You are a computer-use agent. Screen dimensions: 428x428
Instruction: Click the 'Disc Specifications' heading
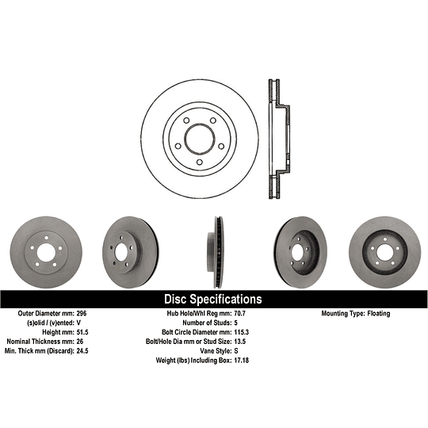click(x=212, y=300)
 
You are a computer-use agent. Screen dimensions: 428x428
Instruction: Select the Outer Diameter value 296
click(x=90, y=314)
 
